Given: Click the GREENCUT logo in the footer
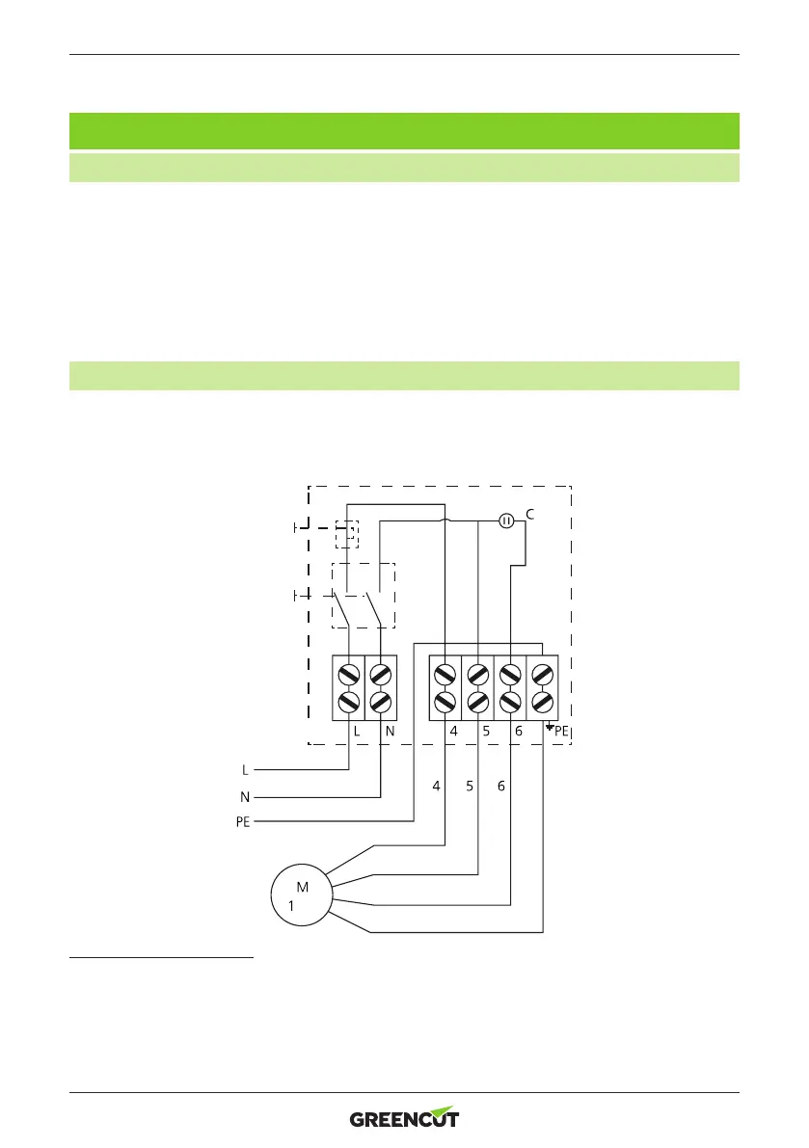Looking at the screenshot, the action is coord(404,1118).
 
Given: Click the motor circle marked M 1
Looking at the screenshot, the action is coord(299,895).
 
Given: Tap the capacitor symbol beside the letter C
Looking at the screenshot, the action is coord(506,521).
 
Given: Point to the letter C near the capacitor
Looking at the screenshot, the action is coord(530,516).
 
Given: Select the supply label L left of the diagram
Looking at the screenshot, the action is coord(245,770).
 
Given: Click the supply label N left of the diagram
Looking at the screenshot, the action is coord(245,797).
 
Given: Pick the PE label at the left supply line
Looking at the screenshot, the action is coord(241,823).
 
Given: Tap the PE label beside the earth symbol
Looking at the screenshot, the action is coord(562,733).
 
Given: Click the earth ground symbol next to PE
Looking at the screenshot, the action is coord(549,728).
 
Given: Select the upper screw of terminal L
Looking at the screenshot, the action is coord(349,672).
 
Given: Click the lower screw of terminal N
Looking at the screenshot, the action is coord(382,702).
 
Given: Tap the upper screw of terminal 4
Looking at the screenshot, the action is coord(445,672).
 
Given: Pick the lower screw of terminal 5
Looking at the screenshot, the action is coord(478,702).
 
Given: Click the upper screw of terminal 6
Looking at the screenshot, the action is coord(511,672).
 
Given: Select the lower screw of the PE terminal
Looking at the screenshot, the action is coord(543,702).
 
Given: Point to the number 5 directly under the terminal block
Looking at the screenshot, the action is coord(486,732).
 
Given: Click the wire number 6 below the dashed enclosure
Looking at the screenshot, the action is coord(501,787).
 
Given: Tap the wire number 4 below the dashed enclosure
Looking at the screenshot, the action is coord(436,787).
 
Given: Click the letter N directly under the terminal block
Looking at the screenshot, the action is coord(390,732).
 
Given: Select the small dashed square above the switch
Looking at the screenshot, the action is coord(346,533).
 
